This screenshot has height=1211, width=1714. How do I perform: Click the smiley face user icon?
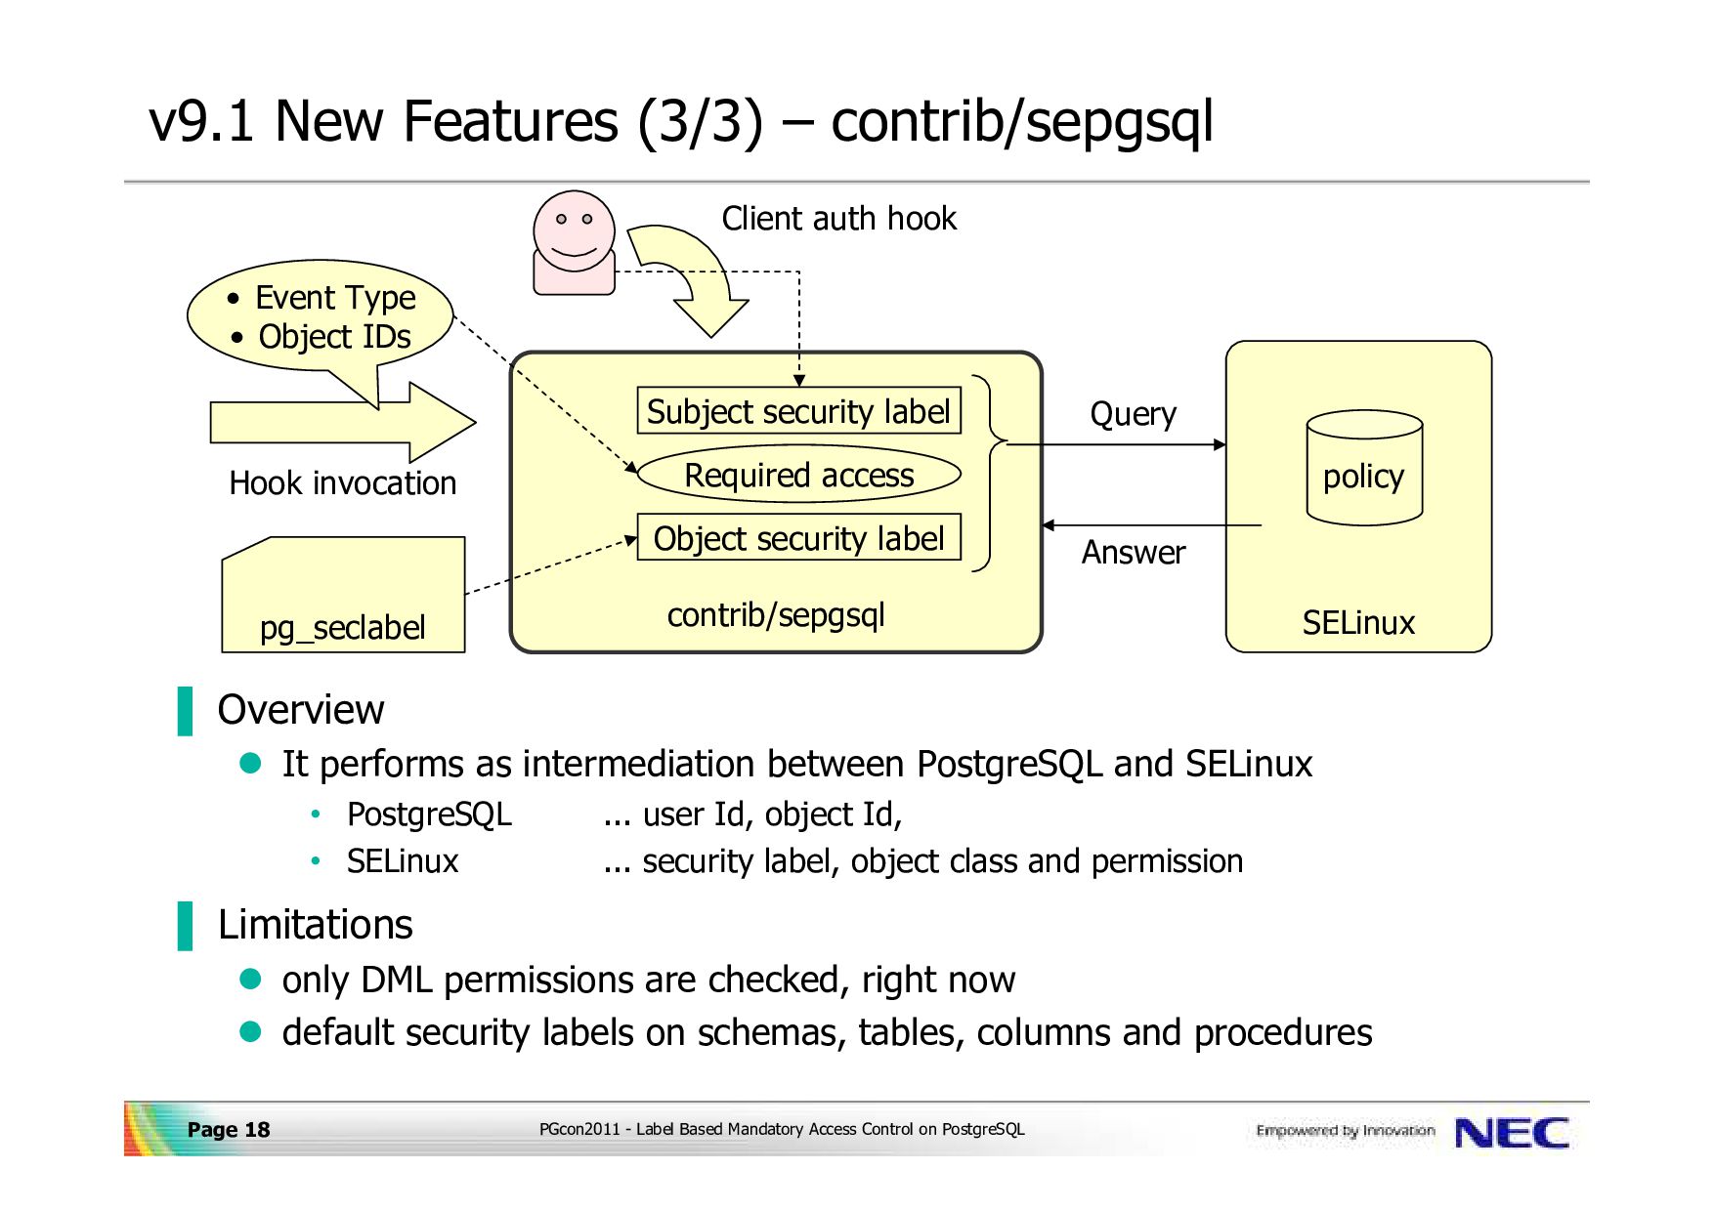575,242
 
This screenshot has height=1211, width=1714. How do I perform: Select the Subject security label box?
798,411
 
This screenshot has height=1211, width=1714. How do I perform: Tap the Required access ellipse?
798,475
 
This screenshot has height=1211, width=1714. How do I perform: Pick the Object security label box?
798,538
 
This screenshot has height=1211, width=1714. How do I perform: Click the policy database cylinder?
1364,468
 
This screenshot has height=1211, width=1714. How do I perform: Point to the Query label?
1133,414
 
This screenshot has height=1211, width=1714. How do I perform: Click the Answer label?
1133,553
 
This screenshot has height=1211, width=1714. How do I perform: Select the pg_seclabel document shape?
343,595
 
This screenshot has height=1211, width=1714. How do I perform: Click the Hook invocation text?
343,483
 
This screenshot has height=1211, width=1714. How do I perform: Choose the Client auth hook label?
839,219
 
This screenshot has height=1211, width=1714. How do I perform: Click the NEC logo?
1512,1133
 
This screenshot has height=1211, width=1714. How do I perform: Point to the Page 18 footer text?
229,1130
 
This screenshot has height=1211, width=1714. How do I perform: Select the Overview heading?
301,710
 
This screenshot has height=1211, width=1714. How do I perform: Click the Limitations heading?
315,925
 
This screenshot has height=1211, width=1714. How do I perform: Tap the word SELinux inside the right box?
1358,623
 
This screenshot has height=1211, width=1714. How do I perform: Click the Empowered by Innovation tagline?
1346,1131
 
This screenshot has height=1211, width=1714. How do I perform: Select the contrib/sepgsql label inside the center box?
776,615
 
